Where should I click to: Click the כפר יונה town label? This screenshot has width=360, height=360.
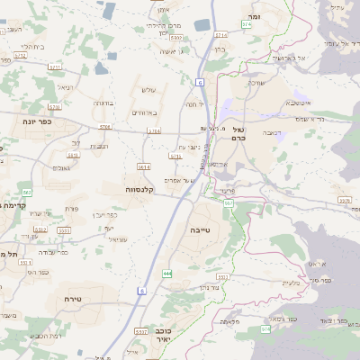pyautogui.click(x=40, y=119)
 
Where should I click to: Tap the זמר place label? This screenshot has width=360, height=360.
pyautogui.click(x=255, y=16)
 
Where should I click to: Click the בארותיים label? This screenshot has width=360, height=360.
pyautogui.click(x=144, y=112)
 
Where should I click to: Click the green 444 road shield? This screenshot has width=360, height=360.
pyautogui.click(x=167, y=273)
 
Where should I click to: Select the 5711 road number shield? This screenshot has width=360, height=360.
pyautogui.click(x=54, y=67)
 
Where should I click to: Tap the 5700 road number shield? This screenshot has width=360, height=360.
pyautogui.click(x=105, y=128)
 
